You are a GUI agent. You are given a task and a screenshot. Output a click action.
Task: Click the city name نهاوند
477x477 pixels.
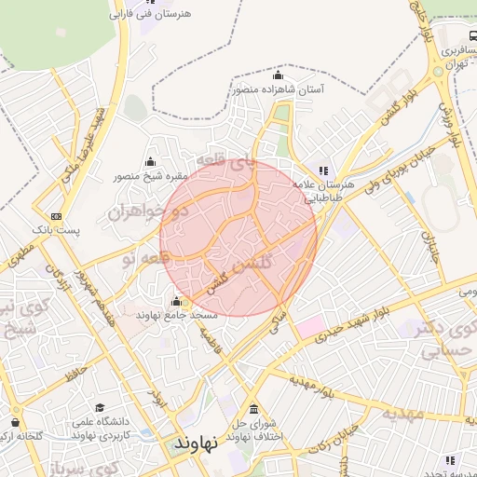(x=196, y=443)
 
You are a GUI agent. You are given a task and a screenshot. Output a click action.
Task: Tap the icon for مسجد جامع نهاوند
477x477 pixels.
(x=177, y=301)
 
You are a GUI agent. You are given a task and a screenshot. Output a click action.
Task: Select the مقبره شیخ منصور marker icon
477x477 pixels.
(x=151, y=162)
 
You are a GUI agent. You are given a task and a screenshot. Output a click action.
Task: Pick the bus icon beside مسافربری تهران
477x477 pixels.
(x=474, y=33)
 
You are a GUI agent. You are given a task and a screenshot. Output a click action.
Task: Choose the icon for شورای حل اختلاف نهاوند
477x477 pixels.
(x=253, y=410)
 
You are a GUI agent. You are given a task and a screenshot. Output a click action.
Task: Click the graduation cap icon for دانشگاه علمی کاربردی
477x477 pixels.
(x=100, y=408)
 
